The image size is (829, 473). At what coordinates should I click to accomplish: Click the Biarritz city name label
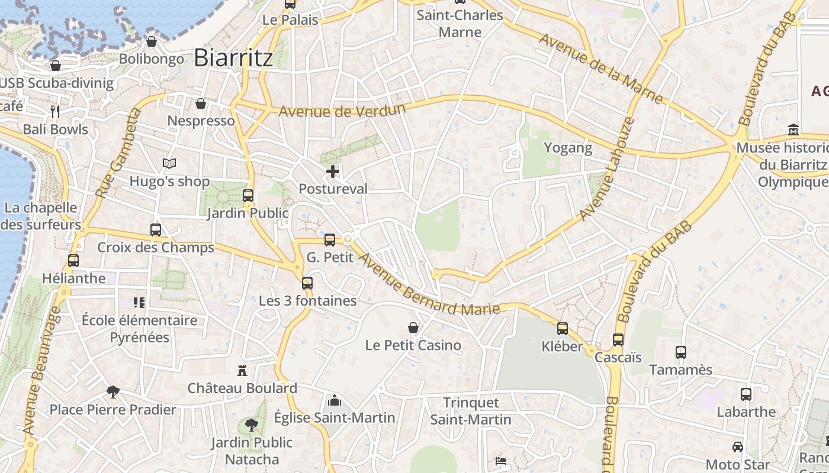233,58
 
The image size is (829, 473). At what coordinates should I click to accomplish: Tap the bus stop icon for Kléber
563,329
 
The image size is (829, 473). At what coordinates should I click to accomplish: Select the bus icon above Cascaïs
618,340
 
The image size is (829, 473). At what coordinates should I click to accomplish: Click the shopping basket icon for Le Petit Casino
413,328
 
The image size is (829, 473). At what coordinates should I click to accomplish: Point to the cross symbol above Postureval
333,172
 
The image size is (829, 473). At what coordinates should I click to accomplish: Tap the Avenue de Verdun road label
342,111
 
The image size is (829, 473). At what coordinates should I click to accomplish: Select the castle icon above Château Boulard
242,371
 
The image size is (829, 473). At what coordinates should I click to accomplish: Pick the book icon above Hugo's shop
169,163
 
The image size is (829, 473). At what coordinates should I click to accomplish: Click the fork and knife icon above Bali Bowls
55,112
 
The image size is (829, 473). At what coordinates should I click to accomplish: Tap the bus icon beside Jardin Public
248,195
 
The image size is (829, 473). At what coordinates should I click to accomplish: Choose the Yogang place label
568,148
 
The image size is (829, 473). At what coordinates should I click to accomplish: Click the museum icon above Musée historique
793,129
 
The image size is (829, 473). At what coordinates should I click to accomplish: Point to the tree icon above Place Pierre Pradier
113,391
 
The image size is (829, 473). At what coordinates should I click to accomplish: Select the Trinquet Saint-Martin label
471,411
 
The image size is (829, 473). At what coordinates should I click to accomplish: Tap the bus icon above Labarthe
746,394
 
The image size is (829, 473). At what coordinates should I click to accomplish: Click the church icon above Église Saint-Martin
335,400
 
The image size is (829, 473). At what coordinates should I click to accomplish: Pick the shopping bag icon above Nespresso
201,103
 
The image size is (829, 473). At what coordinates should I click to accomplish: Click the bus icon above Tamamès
681,352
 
